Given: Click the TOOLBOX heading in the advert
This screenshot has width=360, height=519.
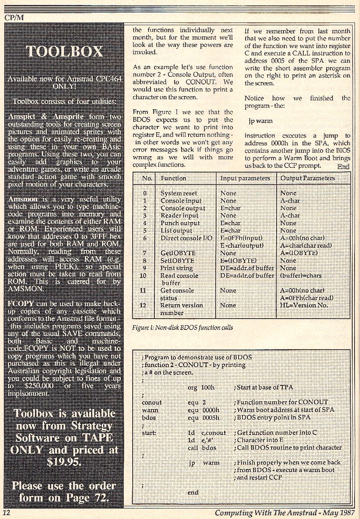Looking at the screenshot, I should point(64,52).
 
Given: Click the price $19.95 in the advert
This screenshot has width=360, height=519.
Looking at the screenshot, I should point(64,462).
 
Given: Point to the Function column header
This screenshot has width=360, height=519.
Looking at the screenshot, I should point(173,178).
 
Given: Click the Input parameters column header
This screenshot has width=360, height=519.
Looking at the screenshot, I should point(245,178).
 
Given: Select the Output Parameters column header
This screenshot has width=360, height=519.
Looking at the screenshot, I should point(307,178).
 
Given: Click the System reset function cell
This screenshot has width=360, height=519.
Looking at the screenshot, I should point(178,193).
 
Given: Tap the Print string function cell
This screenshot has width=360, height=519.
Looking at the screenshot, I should point(176,268).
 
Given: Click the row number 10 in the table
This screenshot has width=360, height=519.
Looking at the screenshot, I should point(143,276).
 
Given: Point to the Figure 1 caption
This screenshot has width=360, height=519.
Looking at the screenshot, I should point(182,328).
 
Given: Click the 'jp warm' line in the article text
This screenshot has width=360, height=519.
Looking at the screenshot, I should point(260,121).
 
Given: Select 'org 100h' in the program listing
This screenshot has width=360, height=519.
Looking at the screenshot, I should point(201,387).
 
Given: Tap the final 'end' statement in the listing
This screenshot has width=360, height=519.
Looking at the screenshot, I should point(193,493).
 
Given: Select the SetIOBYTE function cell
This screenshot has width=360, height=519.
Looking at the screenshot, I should point(177,261).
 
